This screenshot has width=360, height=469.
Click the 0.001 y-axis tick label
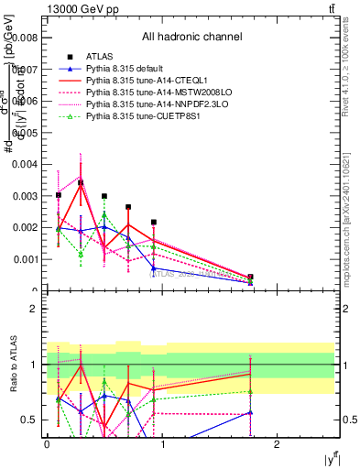coord(25,259)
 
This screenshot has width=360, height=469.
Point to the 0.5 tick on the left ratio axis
coord(28,420)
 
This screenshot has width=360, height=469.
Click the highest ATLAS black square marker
coord(81,183)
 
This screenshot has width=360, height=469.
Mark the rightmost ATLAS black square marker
coord(250,277)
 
